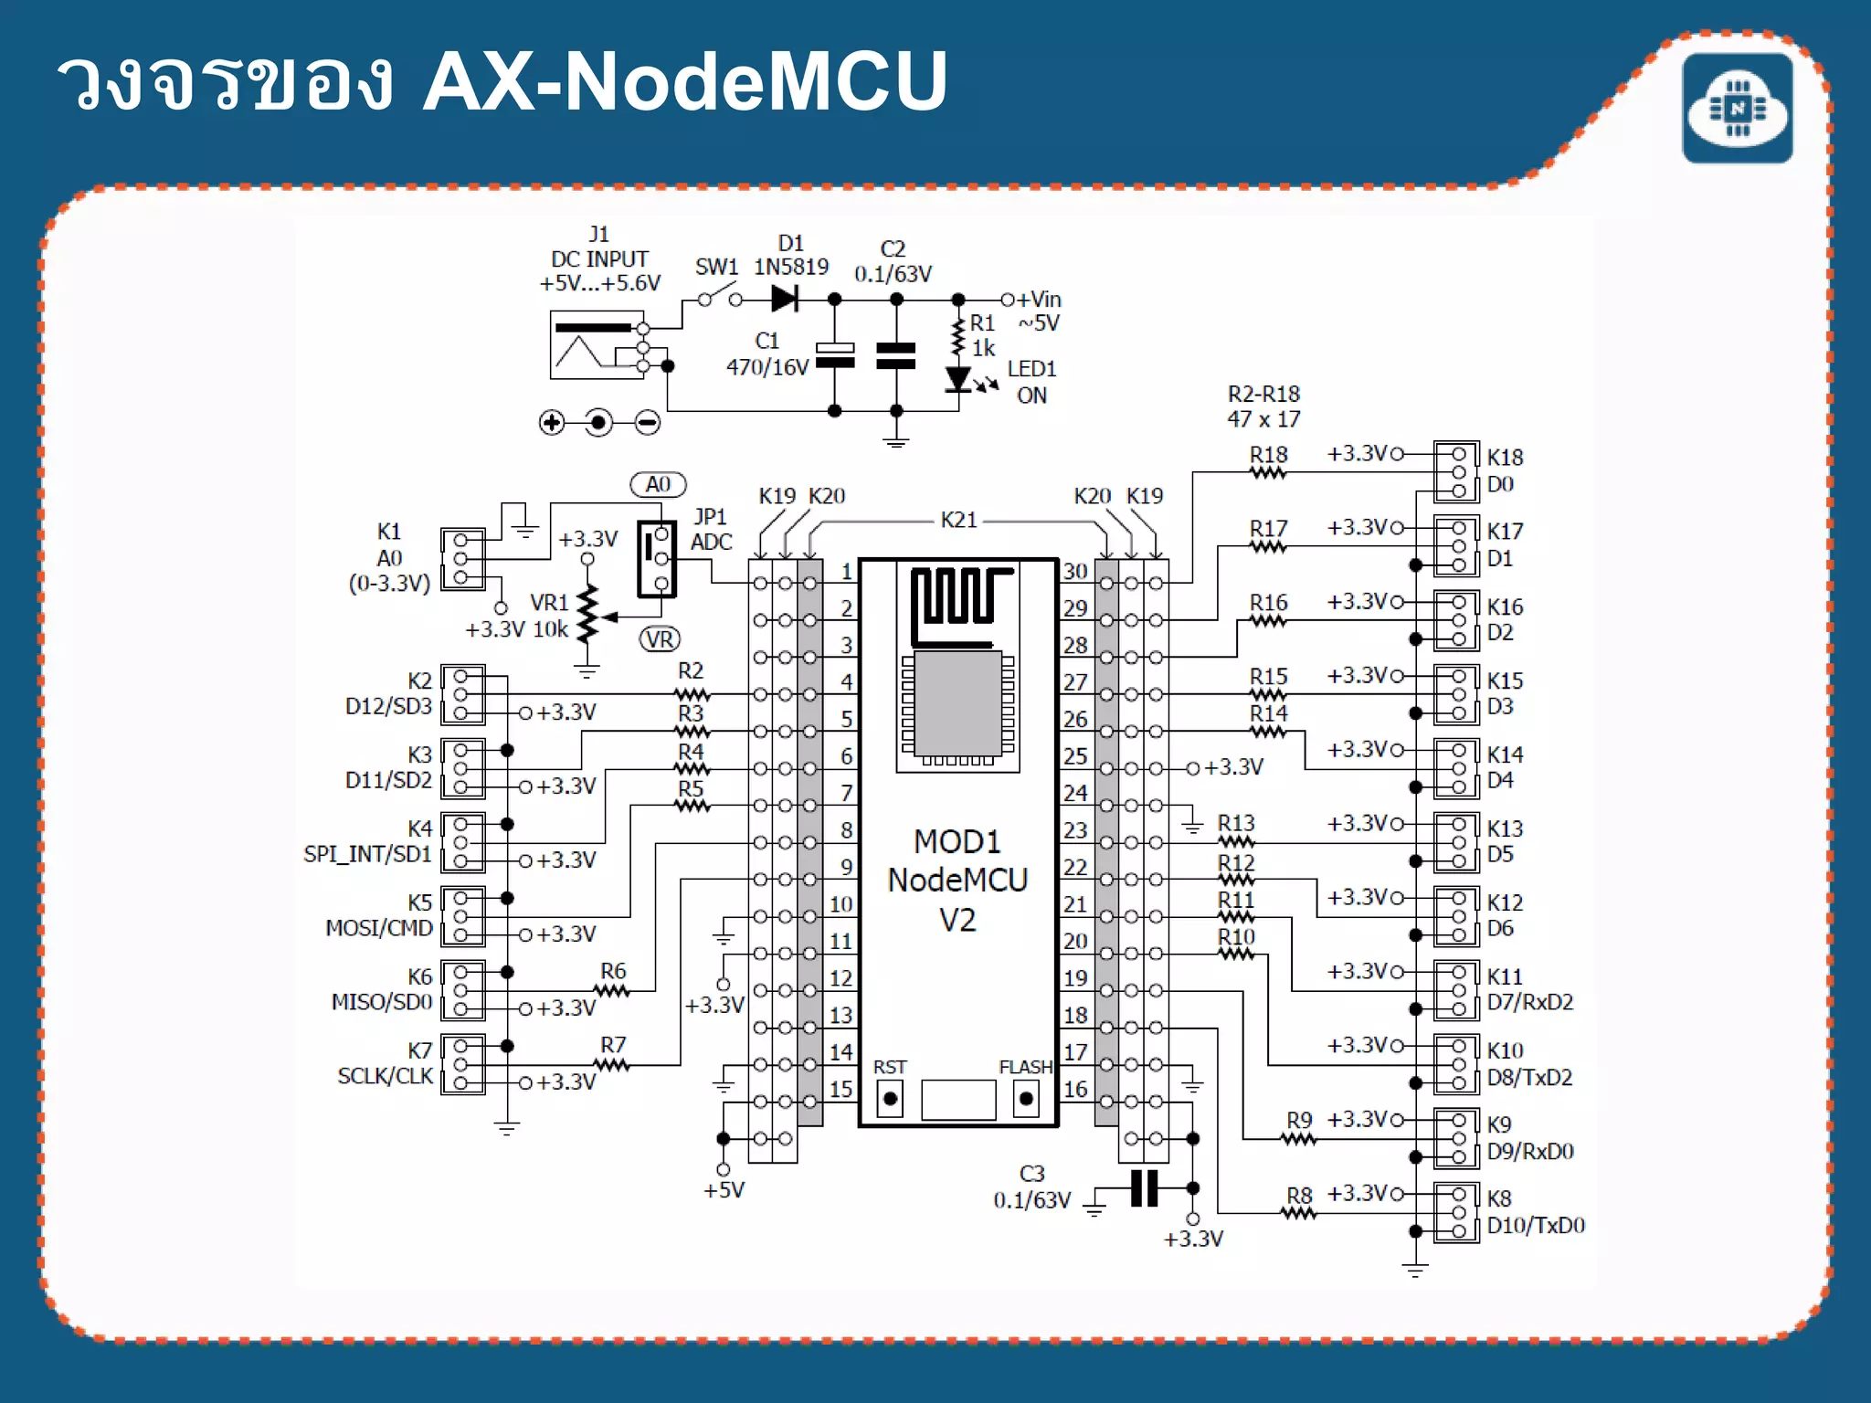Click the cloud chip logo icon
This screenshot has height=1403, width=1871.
[1738, 109]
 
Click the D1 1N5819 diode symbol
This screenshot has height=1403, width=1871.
[785, 299]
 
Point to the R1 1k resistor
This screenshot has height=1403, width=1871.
[957, 338]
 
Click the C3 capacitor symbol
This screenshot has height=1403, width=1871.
[1144, 1188]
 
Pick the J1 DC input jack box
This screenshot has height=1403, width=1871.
[597, 345]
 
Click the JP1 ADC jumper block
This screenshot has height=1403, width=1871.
[657, 559]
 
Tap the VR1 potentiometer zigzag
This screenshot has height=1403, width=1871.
[587, 614]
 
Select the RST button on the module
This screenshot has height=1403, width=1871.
[890, 1097]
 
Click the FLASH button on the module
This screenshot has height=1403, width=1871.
[1026, 1097]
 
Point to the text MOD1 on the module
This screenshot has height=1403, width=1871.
[957, 841]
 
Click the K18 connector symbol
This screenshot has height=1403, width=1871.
[1456, 471]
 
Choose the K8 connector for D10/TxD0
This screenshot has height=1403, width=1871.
[1456, 1212]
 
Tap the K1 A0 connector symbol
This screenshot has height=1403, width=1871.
[462, 559]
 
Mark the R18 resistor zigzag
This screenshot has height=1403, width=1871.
[1268, 472]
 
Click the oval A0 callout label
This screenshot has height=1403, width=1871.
[658, 484]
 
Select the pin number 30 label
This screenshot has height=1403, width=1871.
[1075, 571]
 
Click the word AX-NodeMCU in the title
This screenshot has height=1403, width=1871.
[685, 82]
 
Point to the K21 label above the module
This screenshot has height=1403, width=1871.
[958, 520]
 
